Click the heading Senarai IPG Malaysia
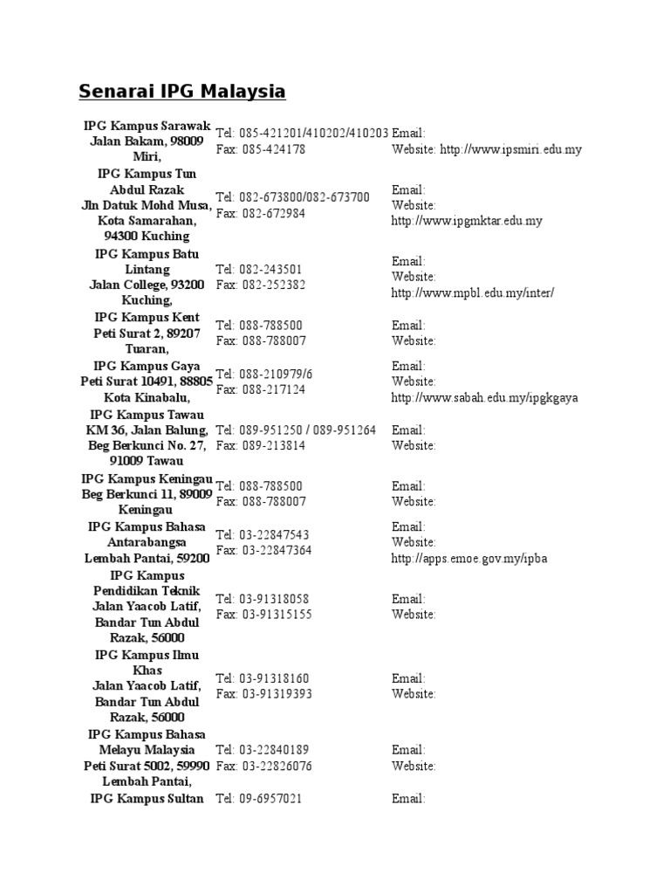(x=182, y=91)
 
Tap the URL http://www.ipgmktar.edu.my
(x=467, y=221)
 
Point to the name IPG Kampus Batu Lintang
(x=147, y=261)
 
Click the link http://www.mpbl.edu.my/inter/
(x=472, y=292)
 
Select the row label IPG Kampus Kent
(x=147, y=317)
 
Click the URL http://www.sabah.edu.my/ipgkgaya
(x=484, y=397)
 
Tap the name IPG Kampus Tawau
(x=147, y=414)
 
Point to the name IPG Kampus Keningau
(x=147, y=478)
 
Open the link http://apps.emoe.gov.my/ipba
(x=469, y=558)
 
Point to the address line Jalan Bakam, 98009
(x=147, y=141)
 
